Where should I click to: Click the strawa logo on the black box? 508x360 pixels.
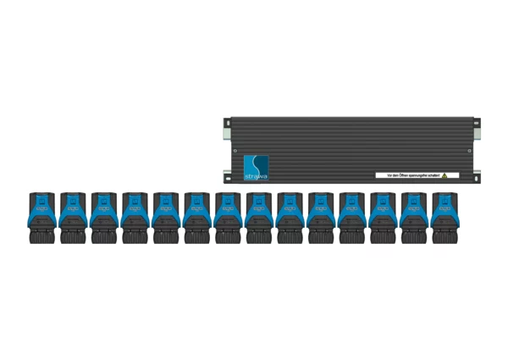click(255, 166)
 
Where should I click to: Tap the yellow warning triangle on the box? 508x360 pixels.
click(444, 175)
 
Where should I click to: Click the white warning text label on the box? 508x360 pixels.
click(411, 175)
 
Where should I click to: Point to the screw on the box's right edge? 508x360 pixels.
click(470, 151)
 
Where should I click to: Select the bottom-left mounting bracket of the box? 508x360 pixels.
click(226, 176)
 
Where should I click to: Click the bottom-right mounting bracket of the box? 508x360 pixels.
click(476, 176)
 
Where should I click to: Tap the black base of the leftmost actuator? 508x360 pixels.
click(41, 235)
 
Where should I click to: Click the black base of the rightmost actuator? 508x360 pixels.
click(445, 235)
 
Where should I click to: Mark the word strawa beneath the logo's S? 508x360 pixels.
click(255, 174)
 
